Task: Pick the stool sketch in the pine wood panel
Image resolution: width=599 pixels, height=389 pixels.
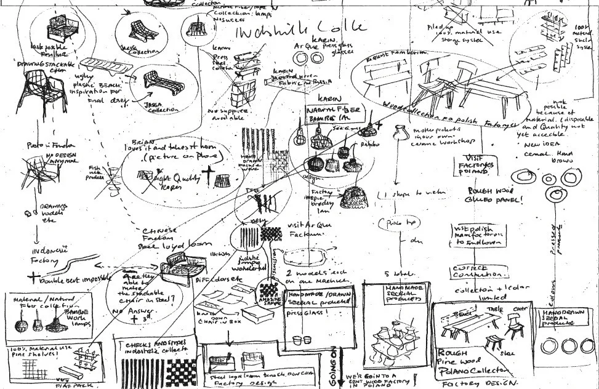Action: coord(493,342)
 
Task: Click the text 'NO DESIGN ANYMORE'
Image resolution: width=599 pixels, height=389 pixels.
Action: coord(57,159)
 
